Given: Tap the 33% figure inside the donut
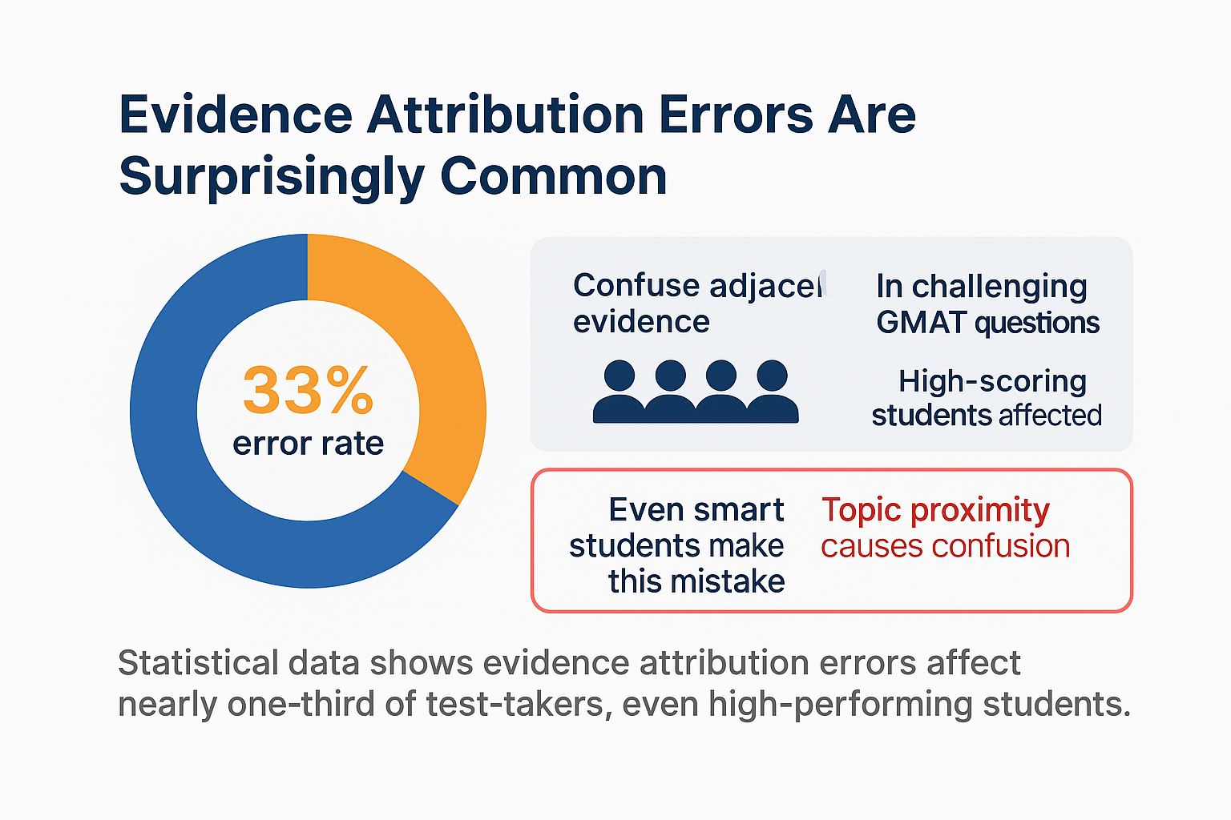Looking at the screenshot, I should (x=308, y=390).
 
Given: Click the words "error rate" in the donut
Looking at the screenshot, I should (x=308, y=443).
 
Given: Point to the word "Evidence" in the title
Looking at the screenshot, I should (x=235, y=115).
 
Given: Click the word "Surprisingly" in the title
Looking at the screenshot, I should (x=272, y=176).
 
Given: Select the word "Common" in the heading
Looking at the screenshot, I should (x=553, y=176).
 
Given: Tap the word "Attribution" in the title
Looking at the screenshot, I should (x=505, y=115).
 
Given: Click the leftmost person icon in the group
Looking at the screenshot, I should (x=619, y=392).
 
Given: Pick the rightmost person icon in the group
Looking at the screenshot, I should (x=773, y=392).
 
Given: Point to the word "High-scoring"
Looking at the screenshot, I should (x=992, y=381).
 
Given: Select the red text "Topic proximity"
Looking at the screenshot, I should (x=935, y=510).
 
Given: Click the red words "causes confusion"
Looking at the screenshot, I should (x=945, y=546).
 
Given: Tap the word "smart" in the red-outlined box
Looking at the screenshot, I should (x=739, y=510).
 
